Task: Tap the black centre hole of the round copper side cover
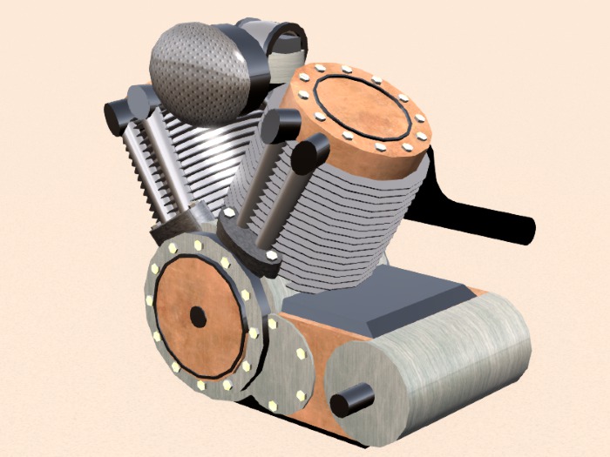(198, 317)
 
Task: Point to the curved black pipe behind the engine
(488, 218)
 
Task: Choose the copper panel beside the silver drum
(309, 339)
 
